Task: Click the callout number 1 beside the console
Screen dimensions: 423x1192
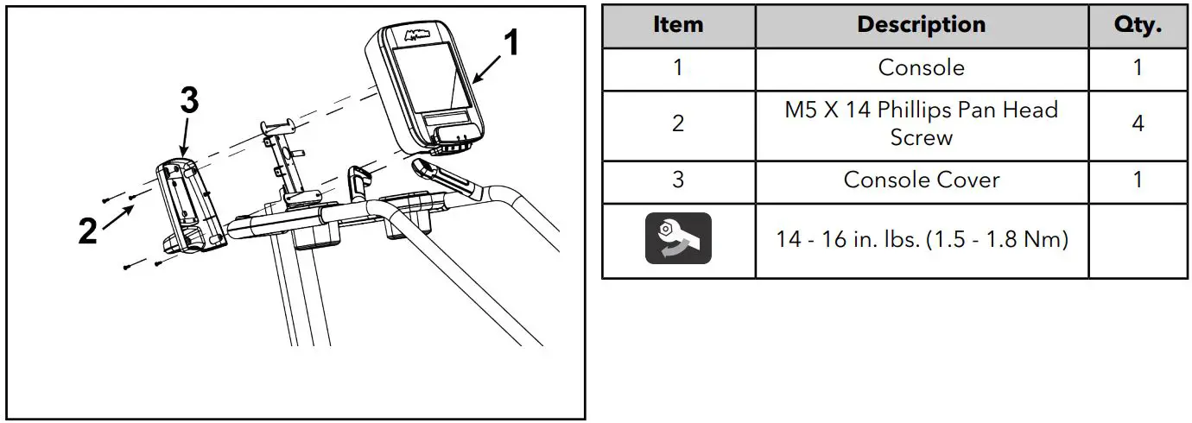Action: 512,42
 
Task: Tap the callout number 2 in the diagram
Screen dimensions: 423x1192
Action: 87,231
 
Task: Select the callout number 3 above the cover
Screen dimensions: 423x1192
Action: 189,102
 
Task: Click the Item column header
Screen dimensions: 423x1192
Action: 678,25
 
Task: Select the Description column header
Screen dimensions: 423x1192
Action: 921,25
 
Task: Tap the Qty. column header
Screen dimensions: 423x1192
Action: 1138,25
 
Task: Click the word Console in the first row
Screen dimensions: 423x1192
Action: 921,67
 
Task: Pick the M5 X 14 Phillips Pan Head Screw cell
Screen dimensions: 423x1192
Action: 921,123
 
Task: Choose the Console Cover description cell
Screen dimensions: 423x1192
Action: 921,180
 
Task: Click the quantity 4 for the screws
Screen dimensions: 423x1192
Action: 1138,123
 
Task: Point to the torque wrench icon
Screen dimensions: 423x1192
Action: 678,238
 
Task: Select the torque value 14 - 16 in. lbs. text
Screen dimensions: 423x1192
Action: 921,239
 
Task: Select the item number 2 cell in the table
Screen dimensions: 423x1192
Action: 678,123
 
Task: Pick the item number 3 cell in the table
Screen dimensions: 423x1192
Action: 678,180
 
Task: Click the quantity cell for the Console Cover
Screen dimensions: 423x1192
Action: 1138,180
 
